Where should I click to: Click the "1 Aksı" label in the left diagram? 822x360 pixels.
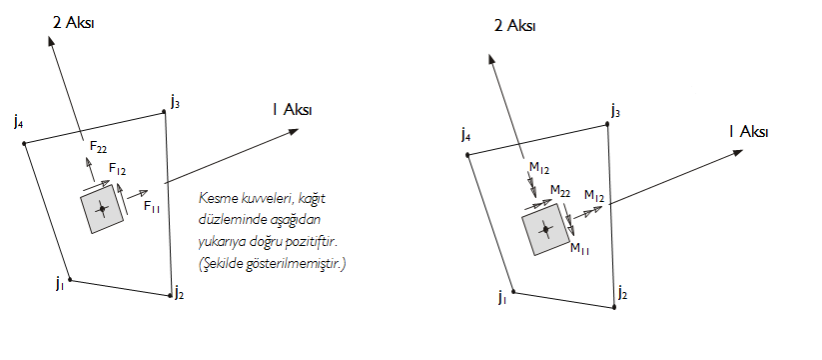(x=291, y=109)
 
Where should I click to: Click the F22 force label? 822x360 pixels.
(x=98, y=147)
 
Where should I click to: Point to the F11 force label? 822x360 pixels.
(x=153, y=206)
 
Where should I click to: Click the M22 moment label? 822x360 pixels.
(x=560, y=189)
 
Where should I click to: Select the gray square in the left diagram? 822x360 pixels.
(x=101, y=211)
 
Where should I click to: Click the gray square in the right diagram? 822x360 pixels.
(x=544, y=229)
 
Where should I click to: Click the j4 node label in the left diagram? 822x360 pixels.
(x=19, y=122)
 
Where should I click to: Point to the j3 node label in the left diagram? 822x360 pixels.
(x=175, y=100)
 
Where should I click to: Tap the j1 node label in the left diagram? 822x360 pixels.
(x=60, y=284)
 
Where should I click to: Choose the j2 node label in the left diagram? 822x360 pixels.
(x=179, y=292)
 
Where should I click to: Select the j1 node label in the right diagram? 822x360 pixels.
(x=502, y=297)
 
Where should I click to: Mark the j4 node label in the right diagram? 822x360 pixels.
(x=465, y=133)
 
